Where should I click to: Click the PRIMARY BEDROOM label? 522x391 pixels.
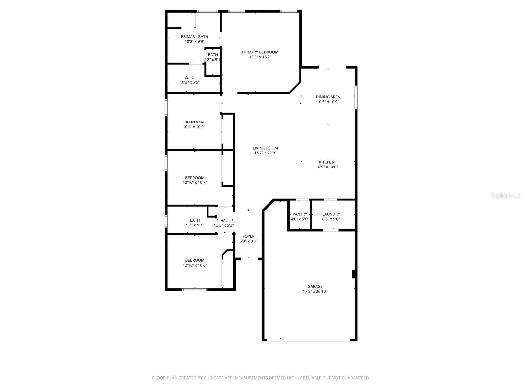point(260,52)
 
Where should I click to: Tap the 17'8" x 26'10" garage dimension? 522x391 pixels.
point(315,292)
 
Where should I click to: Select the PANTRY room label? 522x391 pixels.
point(299,214)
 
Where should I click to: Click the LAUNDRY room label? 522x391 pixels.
point(331,214)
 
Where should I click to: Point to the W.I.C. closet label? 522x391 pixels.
point(190,77)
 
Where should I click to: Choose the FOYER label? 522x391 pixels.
point(248,236)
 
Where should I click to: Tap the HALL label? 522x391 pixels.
point(225,220)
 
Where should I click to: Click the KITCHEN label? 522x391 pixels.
point(327,162)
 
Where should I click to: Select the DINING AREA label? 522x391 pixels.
point(328,97)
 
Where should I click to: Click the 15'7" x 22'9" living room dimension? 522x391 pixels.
point(265,153)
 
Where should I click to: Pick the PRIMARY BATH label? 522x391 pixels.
point(194,36)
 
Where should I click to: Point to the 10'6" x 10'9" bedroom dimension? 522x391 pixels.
point(194,127)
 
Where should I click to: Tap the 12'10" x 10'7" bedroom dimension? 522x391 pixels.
point(195,183)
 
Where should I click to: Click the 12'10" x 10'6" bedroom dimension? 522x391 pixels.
point(195,265)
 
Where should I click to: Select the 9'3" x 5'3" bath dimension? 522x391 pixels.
point(195,225)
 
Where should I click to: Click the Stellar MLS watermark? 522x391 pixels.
point(506,195)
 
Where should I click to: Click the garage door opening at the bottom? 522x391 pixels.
point(308,340)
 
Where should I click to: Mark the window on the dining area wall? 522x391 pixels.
point(356,97)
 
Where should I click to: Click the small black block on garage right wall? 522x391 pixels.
point(353,274)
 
